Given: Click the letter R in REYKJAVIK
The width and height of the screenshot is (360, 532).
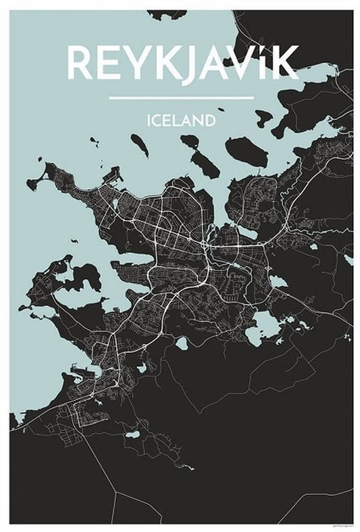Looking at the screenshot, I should [78, 63].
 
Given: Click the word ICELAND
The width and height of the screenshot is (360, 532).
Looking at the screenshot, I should [180, 122].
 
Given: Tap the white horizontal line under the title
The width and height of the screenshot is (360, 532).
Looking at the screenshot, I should [180, 99].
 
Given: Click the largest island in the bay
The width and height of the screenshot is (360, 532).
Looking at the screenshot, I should [246, 153].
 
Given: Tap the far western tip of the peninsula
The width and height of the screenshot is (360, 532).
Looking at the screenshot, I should [31, 183].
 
